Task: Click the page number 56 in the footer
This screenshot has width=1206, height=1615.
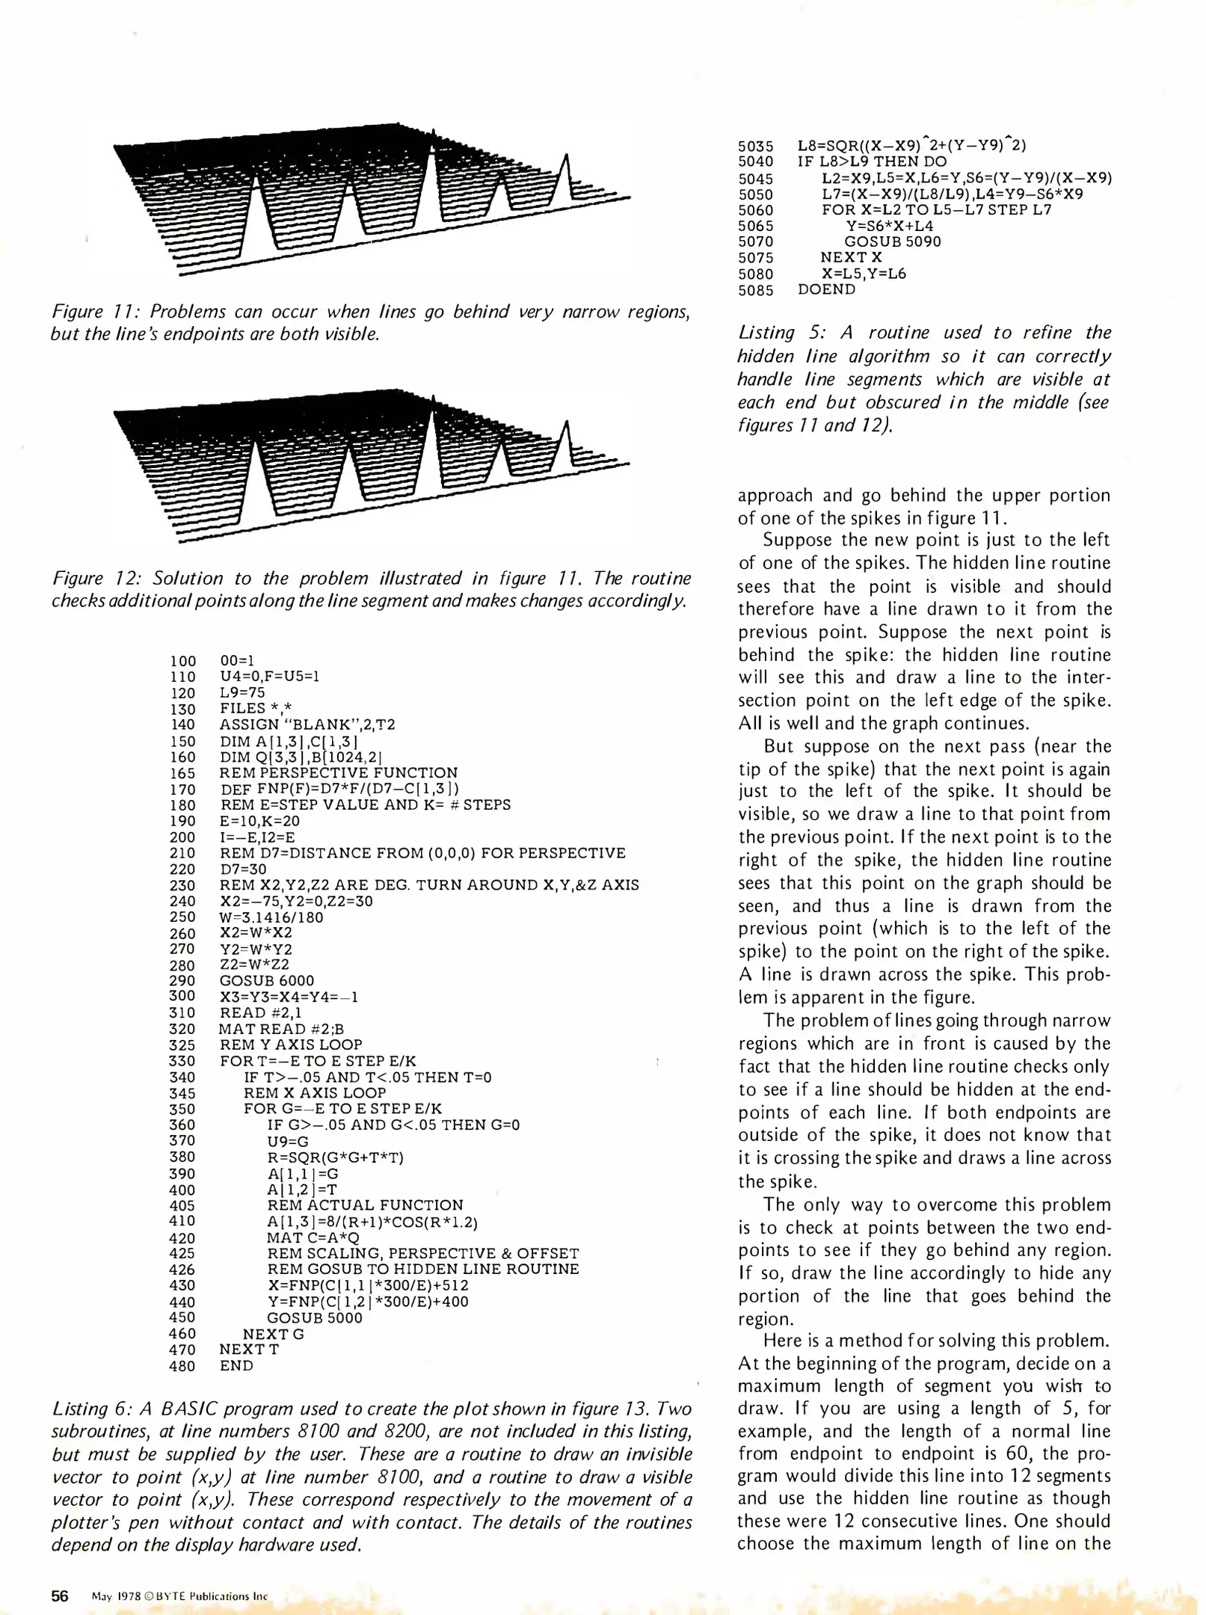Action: (59, 1596)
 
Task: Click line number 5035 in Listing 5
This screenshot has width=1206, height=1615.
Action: (755, 147)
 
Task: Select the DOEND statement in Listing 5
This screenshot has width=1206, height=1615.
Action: (826, 289)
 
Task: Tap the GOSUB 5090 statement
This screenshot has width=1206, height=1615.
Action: (892, 242)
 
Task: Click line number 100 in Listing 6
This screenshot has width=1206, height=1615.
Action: (182, 661)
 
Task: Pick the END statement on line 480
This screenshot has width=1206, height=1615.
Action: (236, 1365)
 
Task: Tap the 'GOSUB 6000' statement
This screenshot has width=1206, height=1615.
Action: (267, 980)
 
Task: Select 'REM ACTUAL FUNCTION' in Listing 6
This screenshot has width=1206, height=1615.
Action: (365, 1205)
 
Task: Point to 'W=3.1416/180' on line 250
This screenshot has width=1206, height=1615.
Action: (271, 917)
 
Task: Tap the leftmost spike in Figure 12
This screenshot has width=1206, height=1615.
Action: (256, 464)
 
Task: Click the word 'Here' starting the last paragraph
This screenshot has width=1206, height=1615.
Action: (780, 1341)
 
